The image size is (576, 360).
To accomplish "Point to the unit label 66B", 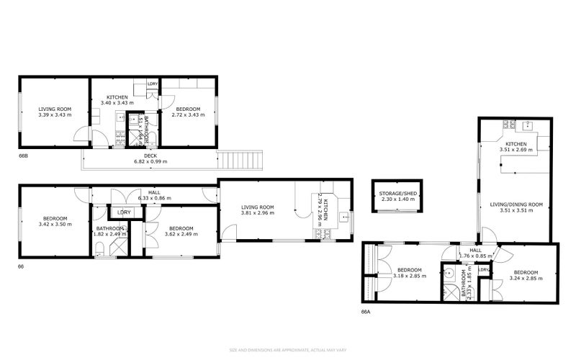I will [24, 155].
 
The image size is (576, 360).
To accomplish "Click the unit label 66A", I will [366, 312].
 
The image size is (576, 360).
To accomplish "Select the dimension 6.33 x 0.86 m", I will [155, 198].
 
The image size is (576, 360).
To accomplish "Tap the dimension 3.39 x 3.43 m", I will [55, 114].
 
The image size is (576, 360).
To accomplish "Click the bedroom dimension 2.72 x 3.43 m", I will [188, 114].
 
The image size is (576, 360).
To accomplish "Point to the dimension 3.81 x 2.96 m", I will [258, 213].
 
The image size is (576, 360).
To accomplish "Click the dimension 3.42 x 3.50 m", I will [55, 225].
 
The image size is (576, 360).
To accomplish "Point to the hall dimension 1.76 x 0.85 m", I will [477, 255].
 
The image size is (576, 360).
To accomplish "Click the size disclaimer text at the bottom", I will [288, 350].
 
